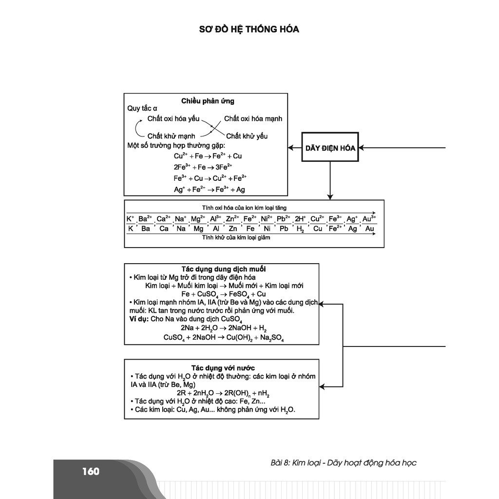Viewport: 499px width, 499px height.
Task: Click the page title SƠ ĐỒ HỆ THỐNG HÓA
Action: [x=249, y=29]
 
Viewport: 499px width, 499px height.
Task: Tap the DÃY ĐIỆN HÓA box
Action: [x=330, y=147]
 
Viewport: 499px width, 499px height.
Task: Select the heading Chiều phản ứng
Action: [x=208, y=101]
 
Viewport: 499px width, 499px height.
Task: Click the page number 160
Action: [x=91, y=471]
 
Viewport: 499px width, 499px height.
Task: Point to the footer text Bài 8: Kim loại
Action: [x=295, y=463]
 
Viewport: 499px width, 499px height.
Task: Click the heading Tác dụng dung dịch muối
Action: [x=223, y=269]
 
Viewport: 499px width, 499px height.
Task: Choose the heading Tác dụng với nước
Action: [x=223, y=368]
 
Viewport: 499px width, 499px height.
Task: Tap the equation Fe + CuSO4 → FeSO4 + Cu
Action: [x=223, y=294]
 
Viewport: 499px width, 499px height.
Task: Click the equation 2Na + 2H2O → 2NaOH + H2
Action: [x=223, y=328]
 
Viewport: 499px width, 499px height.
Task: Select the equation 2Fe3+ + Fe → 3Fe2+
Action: [x=203, y=167]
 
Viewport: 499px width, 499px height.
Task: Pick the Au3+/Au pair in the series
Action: [x=369, y=224]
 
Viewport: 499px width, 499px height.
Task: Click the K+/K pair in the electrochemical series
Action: [x=131, y=224]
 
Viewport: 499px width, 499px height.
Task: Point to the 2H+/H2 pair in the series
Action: [x=300, y=224]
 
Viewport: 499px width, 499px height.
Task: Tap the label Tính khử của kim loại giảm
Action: [x=236, y=237]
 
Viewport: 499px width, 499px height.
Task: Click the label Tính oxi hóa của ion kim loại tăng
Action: [x=244, y=208]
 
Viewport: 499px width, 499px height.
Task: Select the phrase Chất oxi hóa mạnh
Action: [x=253, y=119]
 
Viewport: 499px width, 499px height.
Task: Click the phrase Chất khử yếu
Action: [x=247, y=136]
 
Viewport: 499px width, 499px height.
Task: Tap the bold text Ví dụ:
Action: [x=139, y=319]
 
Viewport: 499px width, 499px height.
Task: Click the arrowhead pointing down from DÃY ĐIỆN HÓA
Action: [x=330, y=197]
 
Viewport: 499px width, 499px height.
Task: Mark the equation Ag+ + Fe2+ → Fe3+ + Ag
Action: [x=210, y=190]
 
